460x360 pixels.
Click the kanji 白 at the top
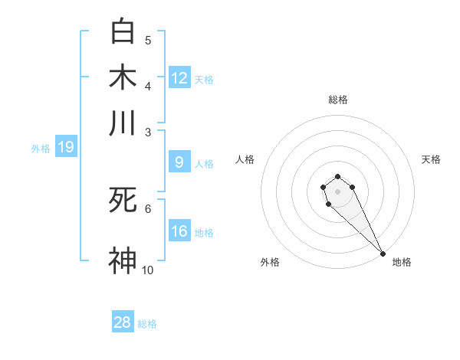(123, 32)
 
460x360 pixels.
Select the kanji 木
(123, 77)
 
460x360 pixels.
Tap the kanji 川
(123, 123)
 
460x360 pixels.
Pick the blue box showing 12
(179, 78)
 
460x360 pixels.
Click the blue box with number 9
(179, 162)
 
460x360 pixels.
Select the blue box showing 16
(179, 231)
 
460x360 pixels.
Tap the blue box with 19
(66, 147)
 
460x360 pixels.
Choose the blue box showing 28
(123, 322)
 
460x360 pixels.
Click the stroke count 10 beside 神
(147, 270)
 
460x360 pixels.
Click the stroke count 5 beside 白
(148, 41)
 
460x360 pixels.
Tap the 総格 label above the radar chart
(337, 100)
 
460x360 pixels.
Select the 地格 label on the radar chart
(402, 262)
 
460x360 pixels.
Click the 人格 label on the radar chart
(245, 159)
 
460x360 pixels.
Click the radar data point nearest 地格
(383, 254)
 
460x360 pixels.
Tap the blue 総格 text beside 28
(147, 324)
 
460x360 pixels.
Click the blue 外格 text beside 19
(40, 149)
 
